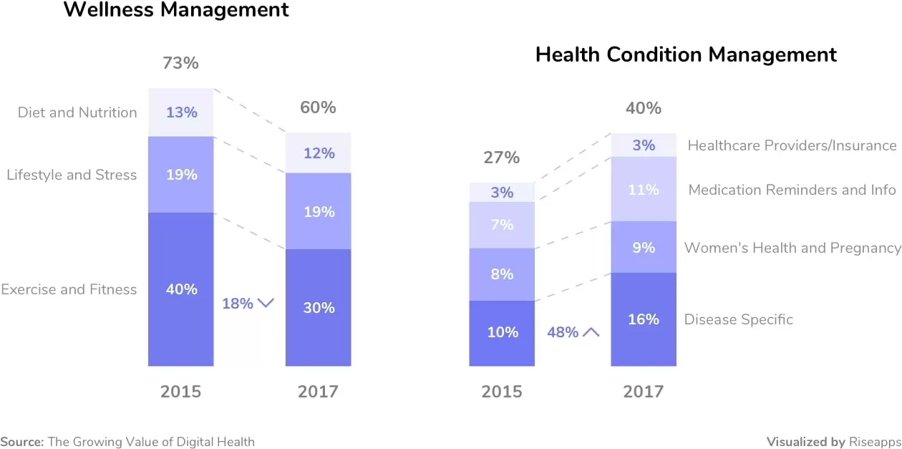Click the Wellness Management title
point(176,10)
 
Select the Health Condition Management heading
point(686,54)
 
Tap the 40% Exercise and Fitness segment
point(181,289)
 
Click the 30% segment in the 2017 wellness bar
point(318,307)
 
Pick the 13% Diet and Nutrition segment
point(181,112)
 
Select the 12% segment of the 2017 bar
point(318,153)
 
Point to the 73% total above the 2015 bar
point(180,63)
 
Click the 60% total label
point(318,107)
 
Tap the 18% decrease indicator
point(248,304)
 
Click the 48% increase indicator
point(573,332)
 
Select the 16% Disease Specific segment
point(643,319)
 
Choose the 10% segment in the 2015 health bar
point(502,332)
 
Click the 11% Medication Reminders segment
point(643,189)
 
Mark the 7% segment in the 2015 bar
point(502,225)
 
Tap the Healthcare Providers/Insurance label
point(792,145)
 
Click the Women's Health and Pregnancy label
point(792,248)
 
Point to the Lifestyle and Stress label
point(72,175)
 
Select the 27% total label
point(501,158)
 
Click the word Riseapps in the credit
point(876,442)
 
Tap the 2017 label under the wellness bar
point(318,392)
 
